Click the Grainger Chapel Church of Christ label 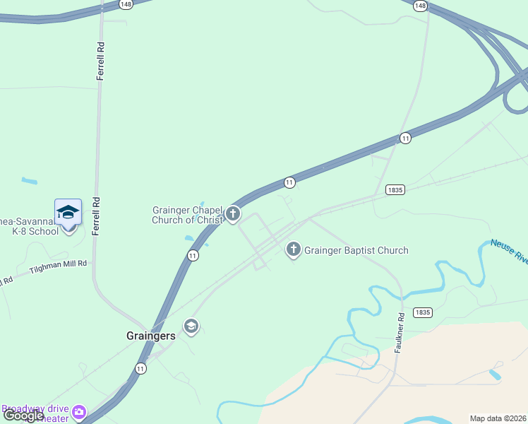[188, 215]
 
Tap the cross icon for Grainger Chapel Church [233, 214]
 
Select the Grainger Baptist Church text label [356, 250]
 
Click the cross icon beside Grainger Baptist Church [294, 249]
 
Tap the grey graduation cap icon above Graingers [191, 326]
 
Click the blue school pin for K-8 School [68, 213]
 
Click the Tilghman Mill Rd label [58, 267]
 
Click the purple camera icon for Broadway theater [79, 411]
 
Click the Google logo [24, 416]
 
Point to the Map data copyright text [498, 418]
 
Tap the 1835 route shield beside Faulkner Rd [423, 312]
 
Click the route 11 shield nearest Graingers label [141, 368]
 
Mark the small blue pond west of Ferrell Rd [29, 182]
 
